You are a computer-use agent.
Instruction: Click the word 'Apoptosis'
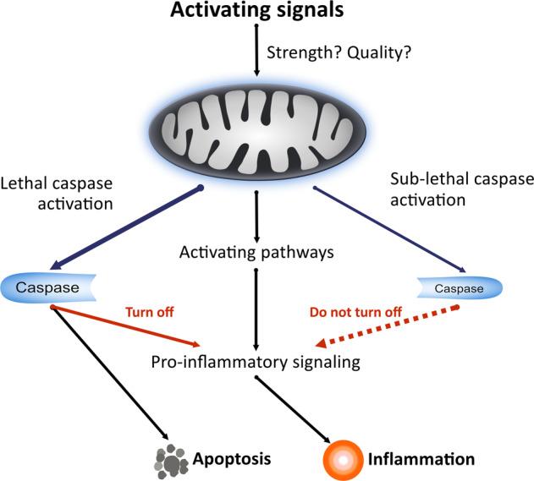point(232,459)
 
